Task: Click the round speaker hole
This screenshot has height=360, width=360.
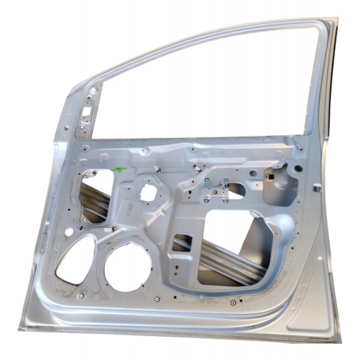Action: pos(128,266)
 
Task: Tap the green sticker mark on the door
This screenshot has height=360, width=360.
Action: pos(119,170)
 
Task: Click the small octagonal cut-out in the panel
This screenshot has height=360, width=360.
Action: pos(148,193)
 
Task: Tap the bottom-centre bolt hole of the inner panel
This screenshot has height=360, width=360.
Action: pos(157,299)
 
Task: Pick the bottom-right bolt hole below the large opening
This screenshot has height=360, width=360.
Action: pos(232,302)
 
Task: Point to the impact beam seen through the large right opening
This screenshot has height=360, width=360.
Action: pos(228,258)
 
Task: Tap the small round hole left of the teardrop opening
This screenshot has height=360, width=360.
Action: pos(68,232)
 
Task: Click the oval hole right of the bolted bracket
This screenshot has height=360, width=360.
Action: pos(238,190)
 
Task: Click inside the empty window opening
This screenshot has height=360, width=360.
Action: pos(204,90)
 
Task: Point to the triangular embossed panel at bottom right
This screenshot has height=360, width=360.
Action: pos(312,306)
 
